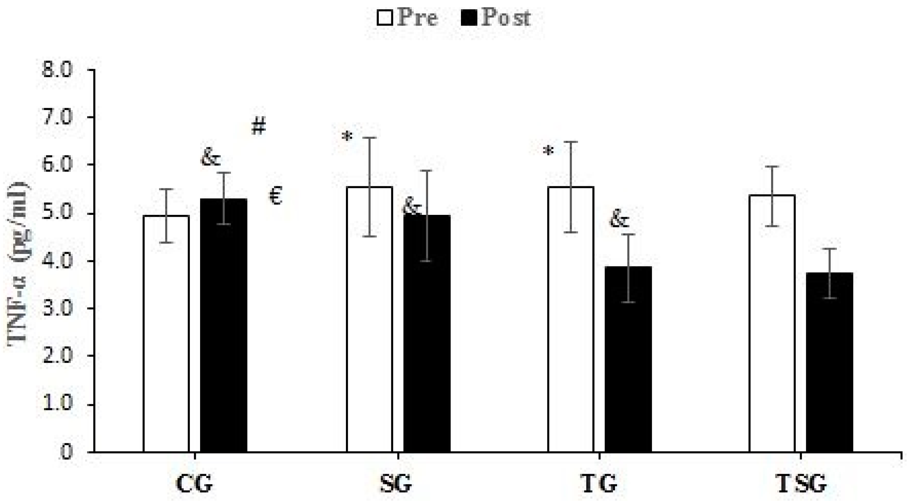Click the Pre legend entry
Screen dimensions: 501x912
click(407, 18)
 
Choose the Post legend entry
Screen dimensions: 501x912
click(496, 18)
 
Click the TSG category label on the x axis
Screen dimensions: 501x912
click(801, 485)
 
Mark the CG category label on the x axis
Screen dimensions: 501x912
click(194, 485)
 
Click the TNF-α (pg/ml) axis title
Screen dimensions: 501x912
click(18, 262)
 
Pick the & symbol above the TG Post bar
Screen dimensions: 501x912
click(619, 220)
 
